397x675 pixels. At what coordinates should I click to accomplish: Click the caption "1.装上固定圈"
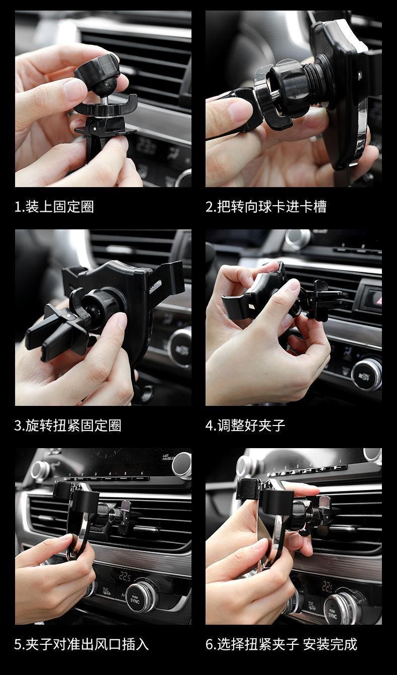pyautogui.click(x=54, y=207)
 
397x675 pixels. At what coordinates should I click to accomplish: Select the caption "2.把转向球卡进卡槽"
pyautogui.click(x=266, y=207)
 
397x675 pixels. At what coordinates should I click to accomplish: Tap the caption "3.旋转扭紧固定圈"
pyautogui.click(x=68, y=426)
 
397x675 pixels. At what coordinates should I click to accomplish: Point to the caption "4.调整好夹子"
pyautogui.click(x=245, y=426)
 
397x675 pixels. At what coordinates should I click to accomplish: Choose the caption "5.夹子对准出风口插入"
pyautogui.click(x=81, y=644)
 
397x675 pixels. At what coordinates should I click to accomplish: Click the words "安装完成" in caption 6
pyautogui.click(x=330, y=644)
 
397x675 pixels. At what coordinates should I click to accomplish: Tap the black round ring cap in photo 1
pyautogui.click(x=97, y=72)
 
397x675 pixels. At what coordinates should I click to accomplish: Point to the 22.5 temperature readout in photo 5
pyautogui.click(x=125, y=576)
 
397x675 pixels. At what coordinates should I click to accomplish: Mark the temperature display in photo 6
pyautogui.click(x=328, y=586)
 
